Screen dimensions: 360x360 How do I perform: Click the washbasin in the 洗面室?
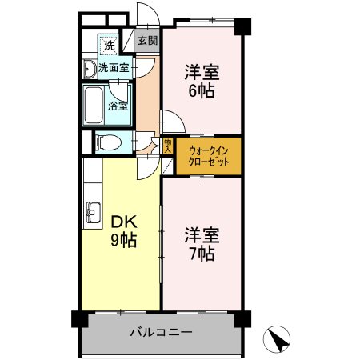[89, 69]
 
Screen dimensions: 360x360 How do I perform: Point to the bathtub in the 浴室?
[93, 102]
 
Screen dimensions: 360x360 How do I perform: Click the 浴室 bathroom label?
[118, 104]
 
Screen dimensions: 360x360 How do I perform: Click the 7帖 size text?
[202, 254]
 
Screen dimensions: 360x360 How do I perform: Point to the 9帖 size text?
[122, 240]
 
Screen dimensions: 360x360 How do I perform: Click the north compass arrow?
[278, 341]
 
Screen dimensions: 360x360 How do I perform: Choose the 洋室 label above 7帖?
[202, 236]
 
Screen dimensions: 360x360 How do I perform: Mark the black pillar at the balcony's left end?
[77, 318]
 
